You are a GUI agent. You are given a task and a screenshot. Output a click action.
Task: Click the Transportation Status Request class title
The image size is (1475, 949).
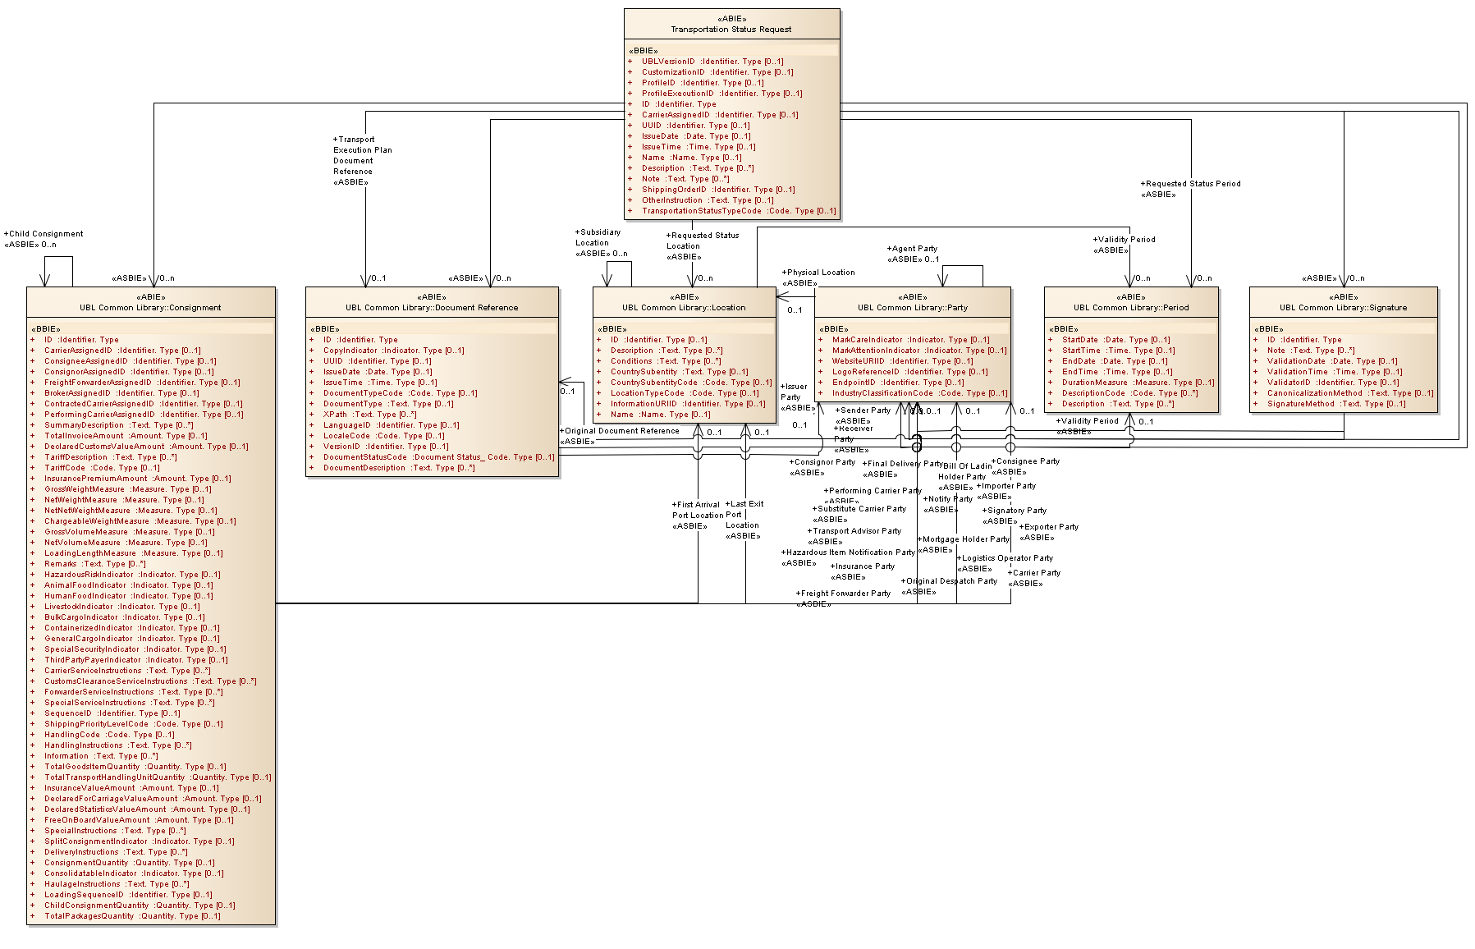pyautogui.click(x=731, y=29)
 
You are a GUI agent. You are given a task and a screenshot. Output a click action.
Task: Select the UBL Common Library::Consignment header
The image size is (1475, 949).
pyautogui.click(x=150, y=308)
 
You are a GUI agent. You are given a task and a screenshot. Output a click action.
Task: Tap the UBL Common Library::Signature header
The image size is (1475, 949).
pyautogui.click(x=1343, y=308)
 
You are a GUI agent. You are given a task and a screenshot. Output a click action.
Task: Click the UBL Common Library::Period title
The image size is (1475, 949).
pyautogui.click(x=1131, y=308)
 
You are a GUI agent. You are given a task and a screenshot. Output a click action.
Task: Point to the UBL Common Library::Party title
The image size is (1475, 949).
pyautogui.click(x=912, y=308)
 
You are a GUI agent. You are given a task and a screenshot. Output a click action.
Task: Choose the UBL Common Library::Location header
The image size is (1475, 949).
pyautogui.click(x=684, y=308)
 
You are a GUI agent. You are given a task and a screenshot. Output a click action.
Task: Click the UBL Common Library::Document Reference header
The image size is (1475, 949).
pyautogui.click(x=432, y=308)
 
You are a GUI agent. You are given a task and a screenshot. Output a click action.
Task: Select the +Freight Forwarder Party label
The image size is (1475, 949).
pyautogui.click(x=845, y=594)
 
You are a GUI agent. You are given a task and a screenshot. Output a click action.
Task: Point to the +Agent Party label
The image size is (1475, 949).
pyautogui.click(x=914, y=249)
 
